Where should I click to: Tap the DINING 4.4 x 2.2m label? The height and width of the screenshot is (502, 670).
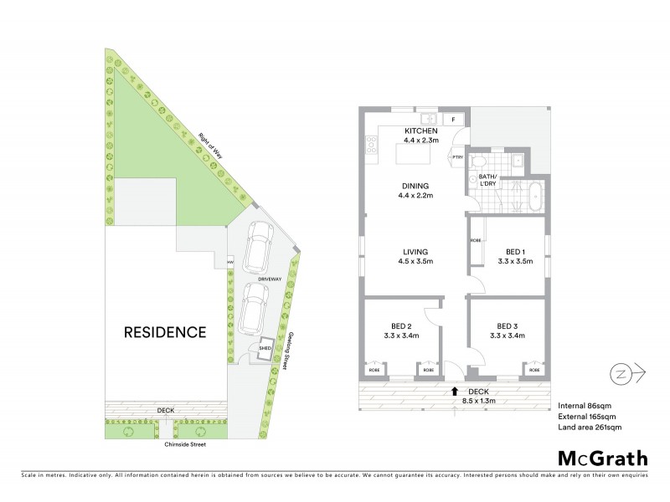coord(415,190)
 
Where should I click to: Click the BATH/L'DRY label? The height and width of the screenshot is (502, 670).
coord(487,181)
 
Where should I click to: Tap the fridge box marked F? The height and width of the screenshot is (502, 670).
coord(454,120)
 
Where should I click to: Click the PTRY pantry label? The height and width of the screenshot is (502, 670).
coord(458,157)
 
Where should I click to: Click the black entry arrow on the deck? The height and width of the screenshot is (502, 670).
coord(455,390)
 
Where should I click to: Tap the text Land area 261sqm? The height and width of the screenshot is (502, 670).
coord(590,428)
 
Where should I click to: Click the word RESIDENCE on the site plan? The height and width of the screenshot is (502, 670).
coord(165,332)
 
